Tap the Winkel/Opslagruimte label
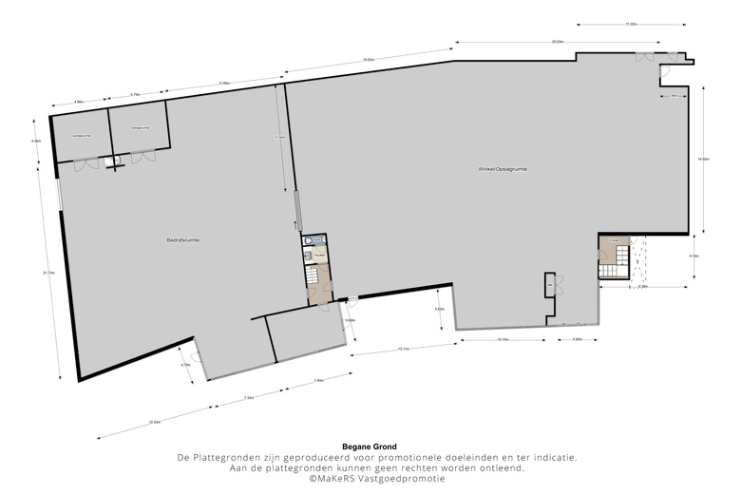click(503, 168)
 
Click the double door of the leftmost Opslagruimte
click(85, 163)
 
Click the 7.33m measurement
click(249, 397)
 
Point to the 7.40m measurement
click(318, 380)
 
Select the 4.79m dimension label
click(185, 365)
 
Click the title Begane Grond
click(370, 446)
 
